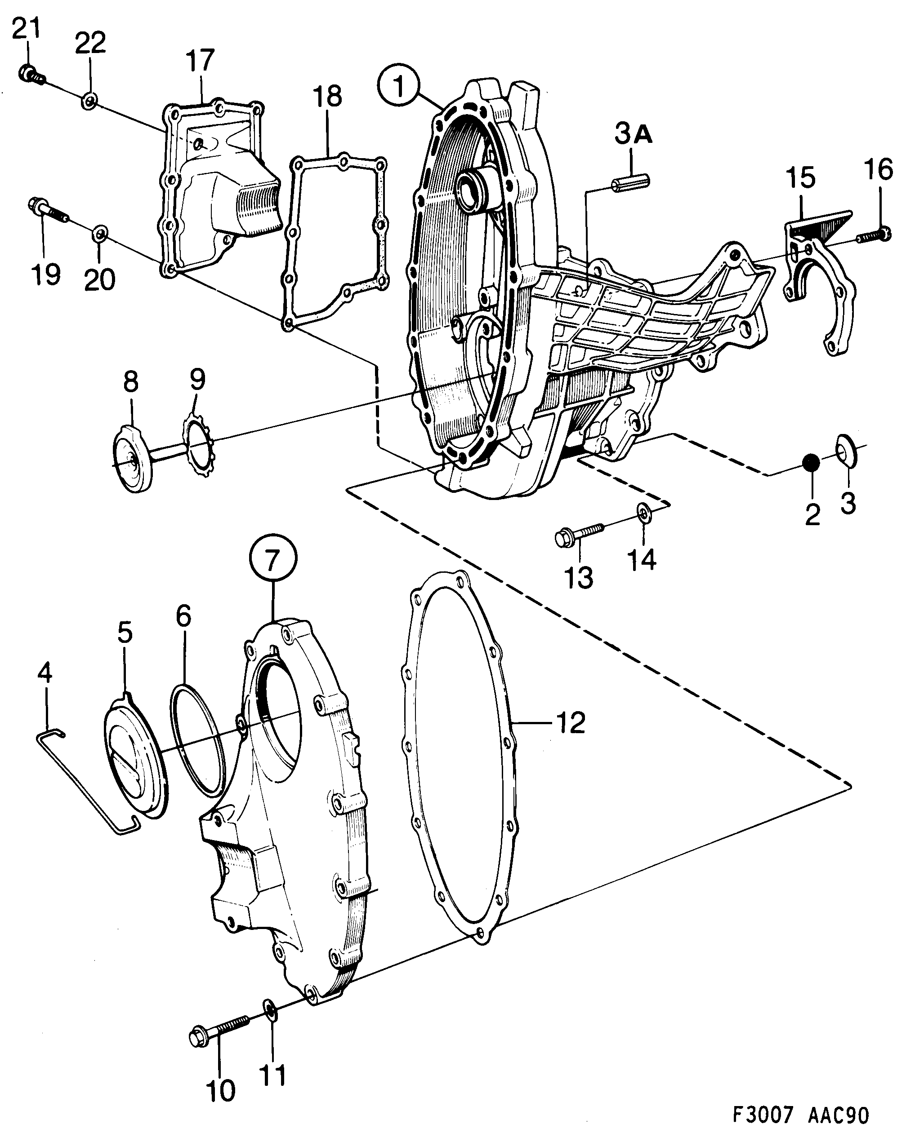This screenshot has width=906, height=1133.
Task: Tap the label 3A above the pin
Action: (x=634, y=135)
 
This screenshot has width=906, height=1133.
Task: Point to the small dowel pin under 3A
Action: (x=631, y=183)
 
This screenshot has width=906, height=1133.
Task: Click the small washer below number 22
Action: (x=89, y=100)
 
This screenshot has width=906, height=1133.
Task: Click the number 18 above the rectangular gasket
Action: (x=327, y=97)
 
